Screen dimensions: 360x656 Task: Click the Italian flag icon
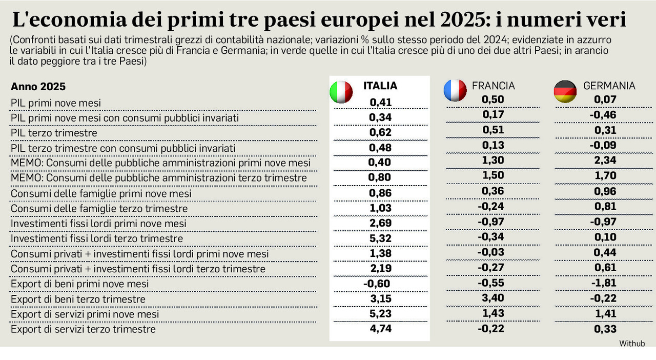coord(341,92)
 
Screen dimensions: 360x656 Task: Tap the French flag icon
coord(455,91)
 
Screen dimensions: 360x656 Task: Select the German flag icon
coord(565,92)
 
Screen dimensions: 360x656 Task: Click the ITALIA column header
coord(380,86)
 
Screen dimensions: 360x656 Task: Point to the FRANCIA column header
coord(494,86)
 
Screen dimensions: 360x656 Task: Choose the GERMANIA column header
coord(609,86)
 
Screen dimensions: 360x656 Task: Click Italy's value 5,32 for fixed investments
coord(380,238)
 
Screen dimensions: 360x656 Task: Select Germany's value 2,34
coord(605,161)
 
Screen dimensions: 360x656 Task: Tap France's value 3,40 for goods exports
coord(493,298)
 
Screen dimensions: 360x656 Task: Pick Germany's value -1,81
coord(603,283)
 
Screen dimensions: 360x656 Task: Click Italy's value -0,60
coord(377,284)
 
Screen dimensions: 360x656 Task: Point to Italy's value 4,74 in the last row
coord(380,329)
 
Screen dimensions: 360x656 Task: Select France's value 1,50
coord(493,175)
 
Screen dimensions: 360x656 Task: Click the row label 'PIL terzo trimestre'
coord(54,133)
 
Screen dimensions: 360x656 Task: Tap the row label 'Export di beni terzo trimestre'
coord(78,299)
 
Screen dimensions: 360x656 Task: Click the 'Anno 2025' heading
coord(38,87)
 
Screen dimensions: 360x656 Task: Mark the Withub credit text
coord(631,343)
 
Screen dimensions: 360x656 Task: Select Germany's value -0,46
coord(603,115)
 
